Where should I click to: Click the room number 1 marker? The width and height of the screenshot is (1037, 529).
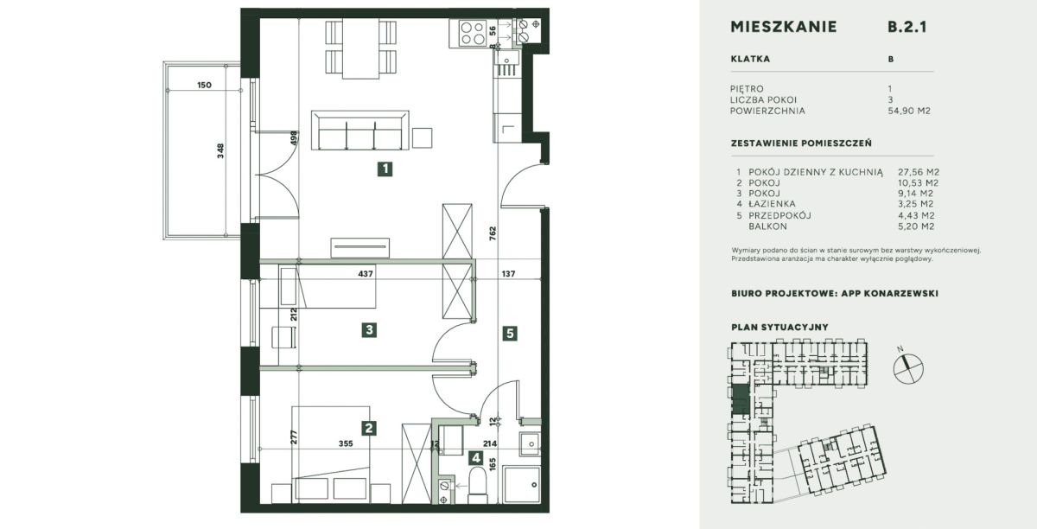click(385, 169)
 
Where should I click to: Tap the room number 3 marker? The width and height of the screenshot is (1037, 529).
click(369, 330)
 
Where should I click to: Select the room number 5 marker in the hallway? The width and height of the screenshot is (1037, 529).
click(510, 333)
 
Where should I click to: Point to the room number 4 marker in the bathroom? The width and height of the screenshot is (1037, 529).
click(476, 458)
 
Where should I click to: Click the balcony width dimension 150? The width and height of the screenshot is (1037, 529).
click(204, 86)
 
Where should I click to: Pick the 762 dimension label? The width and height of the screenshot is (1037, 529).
click(493, 233)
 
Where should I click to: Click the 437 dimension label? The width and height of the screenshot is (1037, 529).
click(366, 274)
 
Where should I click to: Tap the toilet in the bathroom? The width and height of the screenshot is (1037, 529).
click(477, 485)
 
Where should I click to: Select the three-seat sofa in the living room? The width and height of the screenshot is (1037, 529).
click(360, 131)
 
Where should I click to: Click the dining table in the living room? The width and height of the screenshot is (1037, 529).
click(360, 48)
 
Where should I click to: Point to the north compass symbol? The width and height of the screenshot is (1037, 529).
click(908, 368)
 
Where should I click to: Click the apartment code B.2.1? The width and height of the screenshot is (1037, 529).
click(907, 27)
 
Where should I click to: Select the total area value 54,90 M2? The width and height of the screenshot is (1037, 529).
click(909, 111)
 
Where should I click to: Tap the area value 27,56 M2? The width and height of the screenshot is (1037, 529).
click(919, 172)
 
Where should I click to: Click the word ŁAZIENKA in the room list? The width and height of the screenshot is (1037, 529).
click(772, 204)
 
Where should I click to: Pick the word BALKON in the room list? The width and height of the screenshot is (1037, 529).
click(767, 226)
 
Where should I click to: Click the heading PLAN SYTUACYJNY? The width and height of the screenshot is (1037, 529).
click(779, 327)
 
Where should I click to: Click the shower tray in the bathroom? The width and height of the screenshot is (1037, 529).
click(522, 485)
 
